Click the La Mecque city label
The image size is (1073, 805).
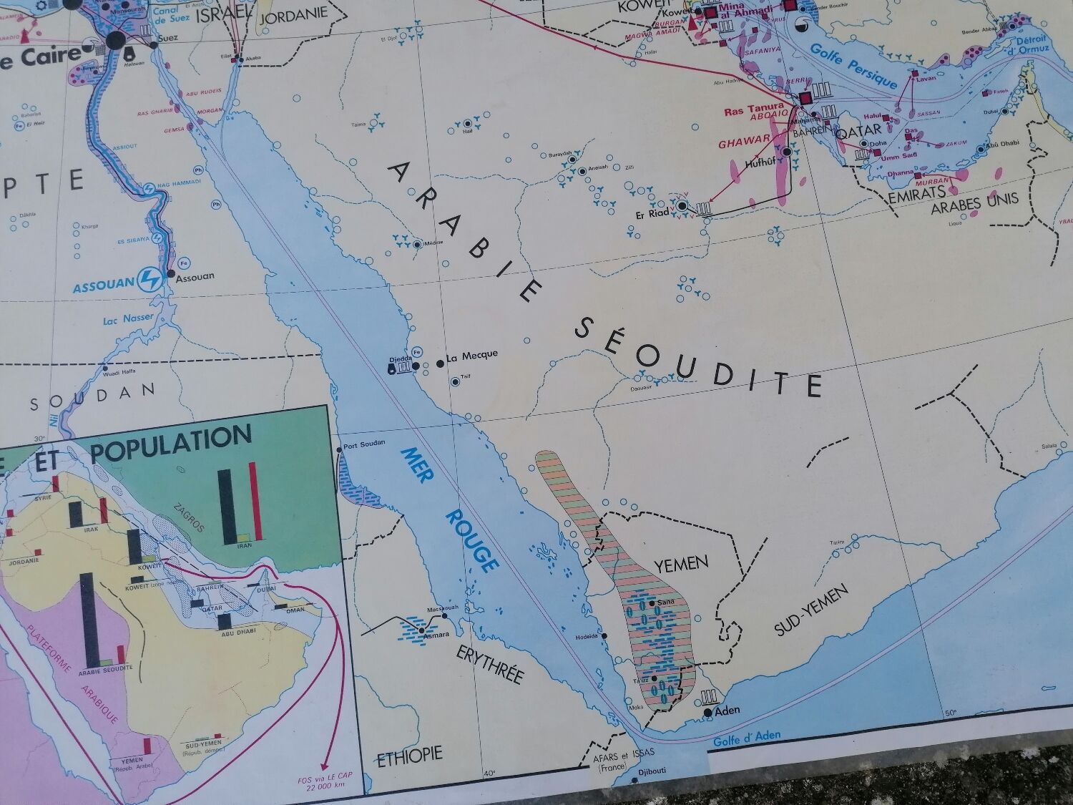click(471, 355)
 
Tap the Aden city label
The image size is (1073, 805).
click(727, 711)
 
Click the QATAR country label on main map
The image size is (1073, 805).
click(857, 133)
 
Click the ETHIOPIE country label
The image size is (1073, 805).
click(410, 753)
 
